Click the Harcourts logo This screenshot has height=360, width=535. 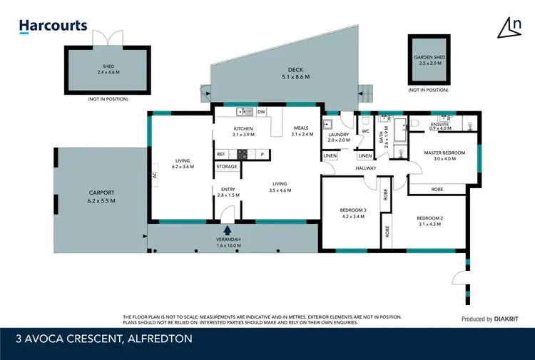(53, 26)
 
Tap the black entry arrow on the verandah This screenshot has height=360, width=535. (228, 230)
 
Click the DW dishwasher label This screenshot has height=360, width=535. (261, 112)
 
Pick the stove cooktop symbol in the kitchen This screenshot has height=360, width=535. (243, 154)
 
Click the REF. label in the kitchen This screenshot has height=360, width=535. (221, 154)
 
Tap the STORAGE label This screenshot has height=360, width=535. (227, 167)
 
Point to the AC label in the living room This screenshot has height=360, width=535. (153, 174)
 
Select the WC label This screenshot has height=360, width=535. (365, 131)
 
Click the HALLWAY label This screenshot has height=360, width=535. (365, 168)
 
